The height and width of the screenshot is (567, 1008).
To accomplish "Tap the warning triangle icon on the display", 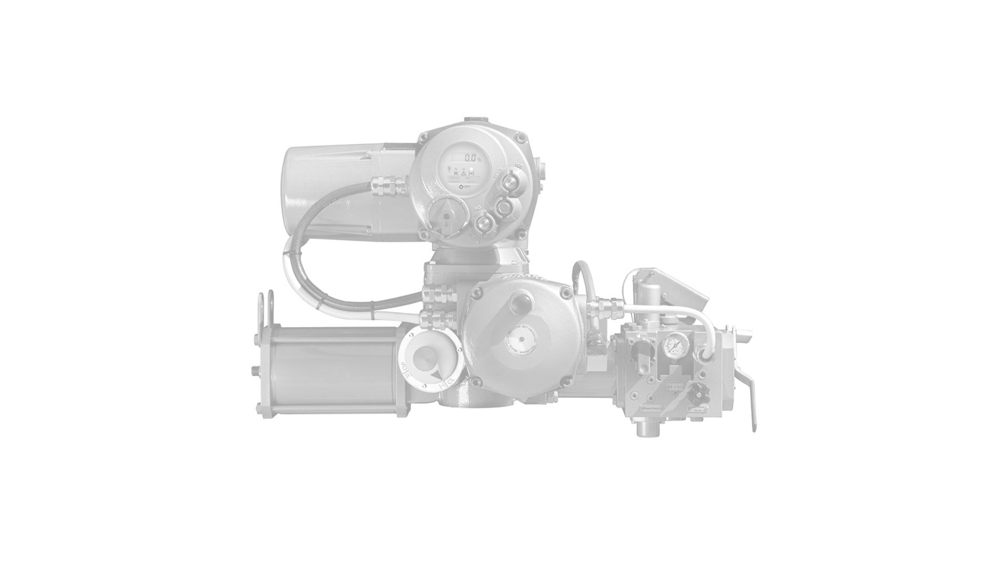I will click(x=464, y=171).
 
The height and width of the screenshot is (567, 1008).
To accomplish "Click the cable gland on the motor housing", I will click(x=388, y=184).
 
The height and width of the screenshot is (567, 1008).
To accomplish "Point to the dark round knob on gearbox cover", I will click(x=522, y=303).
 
